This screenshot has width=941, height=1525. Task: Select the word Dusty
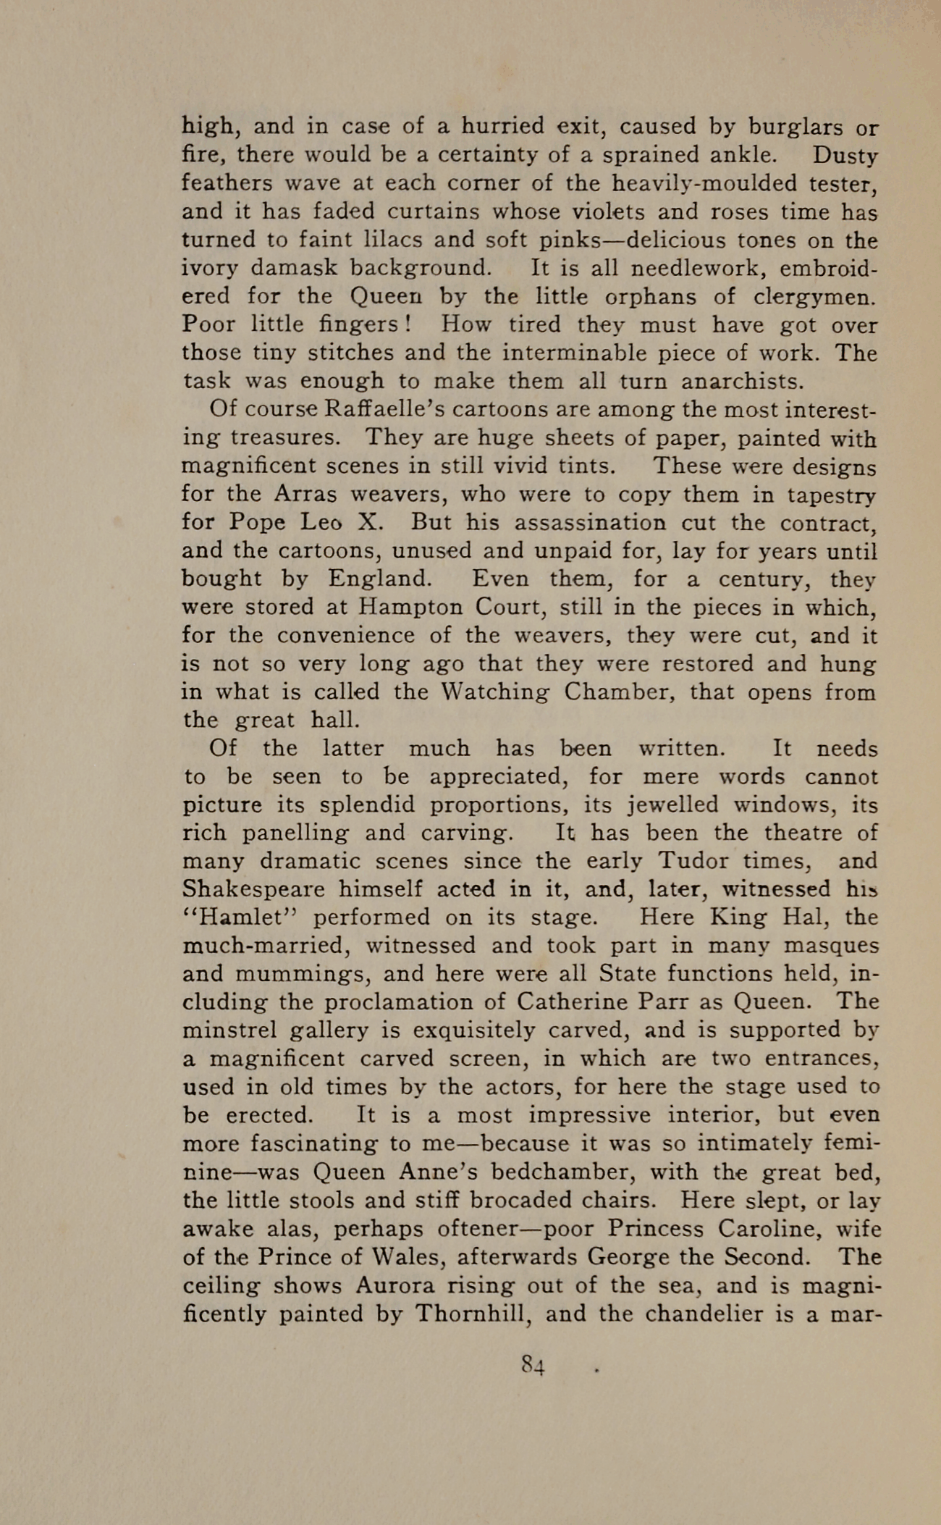pos(845,156)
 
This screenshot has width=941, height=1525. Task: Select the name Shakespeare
pos(254,890)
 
